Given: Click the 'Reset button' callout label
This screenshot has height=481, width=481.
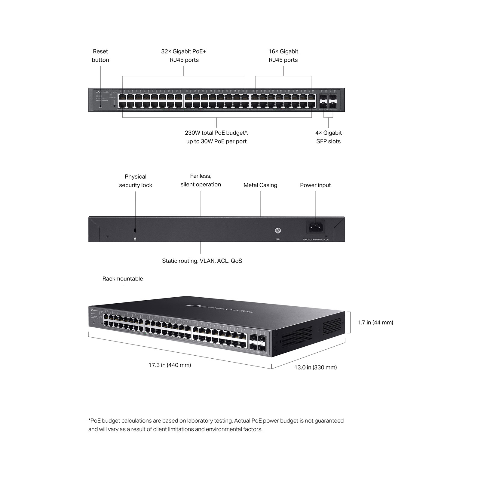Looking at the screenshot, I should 100,56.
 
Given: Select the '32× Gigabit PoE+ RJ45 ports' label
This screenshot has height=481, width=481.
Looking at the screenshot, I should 184,56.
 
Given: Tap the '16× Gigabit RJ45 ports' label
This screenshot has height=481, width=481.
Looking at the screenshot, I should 283,56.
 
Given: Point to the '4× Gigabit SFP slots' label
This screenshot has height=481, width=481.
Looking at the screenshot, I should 328,137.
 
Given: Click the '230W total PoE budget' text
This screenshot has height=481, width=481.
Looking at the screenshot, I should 216,133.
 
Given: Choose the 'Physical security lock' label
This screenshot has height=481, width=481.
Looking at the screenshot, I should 136,181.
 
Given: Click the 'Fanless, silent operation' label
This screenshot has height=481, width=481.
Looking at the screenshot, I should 201,180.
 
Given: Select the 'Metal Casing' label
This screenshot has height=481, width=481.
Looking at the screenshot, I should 260,185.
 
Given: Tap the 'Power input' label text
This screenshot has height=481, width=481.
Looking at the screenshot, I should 315,185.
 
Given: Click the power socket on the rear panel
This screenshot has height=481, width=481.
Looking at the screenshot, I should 315,227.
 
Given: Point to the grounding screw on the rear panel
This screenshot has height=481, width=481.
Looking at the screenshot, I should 278,231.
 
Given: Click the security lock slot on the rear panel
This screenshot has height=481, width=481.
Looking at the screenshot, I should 135,230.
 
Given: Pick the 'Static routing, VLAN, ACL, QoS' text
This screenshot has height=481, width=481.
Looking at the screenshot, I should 202,261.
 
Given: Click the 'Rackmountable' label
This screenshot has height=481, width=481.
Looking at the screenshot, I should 123,279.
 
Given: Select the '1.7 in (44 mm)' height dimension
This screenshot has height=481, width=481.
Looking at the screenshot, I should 375,323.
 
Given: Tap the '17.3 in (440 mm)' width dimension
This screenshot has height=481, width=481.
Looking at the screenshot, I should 170,365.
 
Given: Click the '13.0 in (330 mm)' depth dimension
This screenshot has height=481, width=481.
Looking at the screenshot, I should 315,367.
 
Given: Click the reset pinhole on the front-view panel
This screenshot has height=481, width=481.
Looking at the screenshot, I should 100,106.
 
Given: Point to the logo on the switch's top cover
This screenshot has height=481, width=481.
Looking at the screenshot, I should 219,308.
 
